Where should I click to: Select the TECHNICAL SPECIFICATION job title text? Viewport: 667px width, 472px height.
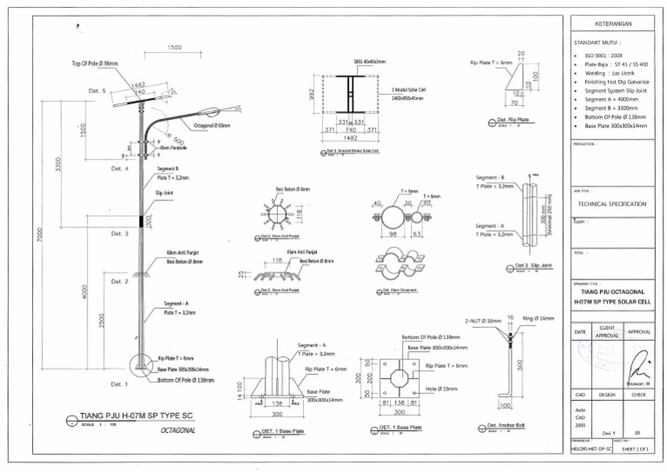click(x=611, y=204)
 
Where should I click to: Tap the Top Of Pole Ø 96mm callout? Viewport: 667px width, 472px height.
click(x=95, y=63)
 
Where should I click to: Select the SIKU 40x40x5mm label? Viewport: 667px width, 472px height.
click(x=370, y=62)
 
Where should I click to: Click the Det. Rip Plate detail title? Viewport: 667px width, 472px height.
click(x=513, y=120)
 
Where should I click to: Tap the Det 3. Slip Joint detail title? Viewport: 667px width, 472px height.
click(x=532, y=265)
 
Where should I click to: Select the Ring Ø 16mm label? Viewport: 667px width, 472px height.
click(x=539, y=319)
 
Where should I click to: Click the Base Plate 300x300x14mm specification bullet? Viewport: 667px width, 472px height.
click(x=616, y=126)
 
